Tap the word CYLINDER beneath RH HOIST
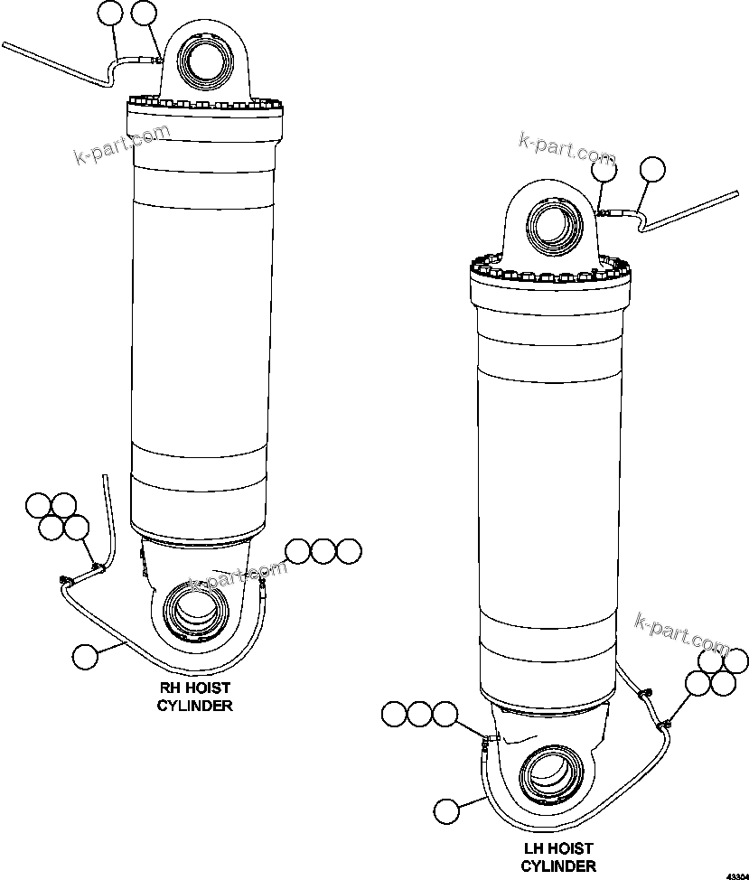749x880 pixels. pos(194,706)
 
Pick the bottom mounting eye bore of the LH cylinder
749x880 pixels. pos(548,772)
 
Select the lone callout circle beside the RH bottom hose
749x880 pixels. pos(86,657)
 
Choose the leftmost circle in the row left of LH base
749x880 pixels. pos(394,714)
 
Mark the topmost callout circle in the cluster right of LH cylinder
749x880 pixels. pos(736,660)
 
